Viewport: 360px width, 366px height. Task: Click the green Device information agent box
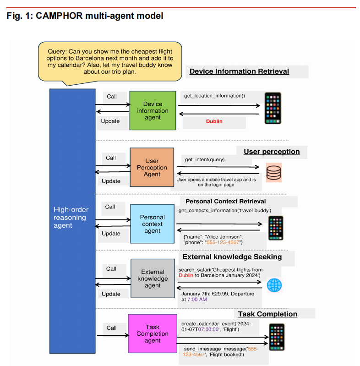[x=153, y=110]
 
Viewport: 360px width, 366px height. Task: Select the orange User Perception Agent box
[x=152, y=167]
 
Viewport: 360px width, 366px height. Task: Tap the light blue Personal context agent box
[x=152, y=224]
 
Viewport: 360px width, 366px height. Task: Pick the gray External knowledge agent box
[x=153, y=279]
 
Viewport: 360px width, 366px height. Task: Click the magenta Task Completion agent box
[x=153, y=333]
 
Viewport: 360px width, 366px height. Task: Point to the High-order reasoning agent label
[x=71, y=217]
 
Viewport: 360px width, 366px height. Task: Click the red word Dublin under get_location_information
[x=214, y=121]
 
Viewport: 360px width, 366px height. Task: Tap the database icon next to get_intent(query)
[x=273, y=172]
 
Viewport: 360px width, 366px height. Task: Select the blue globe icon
[x=274, y=285]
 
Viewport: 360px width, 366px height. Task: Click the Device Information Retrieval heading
[x=239, y=71]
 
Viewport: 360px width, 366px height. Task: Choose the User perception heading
[x=272, y=152]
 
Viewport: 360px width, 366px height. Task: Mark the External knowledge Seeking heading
[x=232, y=257]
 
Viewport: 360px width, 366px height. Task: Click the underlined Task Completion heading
[x=267, y=314]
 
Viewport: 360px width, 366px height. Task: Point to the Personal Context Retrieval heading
[x=225, y=201]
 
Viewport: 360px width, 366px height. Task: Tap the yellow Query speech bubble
[x=109, y=60]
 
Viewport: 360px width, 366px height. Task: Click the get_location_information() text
[x=214, y=96]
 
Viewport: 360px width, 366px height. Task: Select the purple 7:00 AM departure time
[x=196, y=299]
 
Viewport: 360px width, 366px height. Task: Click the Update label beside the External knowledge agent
[x=111, y=294]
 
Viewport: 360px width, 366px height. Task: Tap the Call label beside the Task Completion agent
[x=111, y=328]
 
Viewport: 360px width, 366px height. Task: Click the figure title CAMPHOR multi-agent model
[x=85, y=16]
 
